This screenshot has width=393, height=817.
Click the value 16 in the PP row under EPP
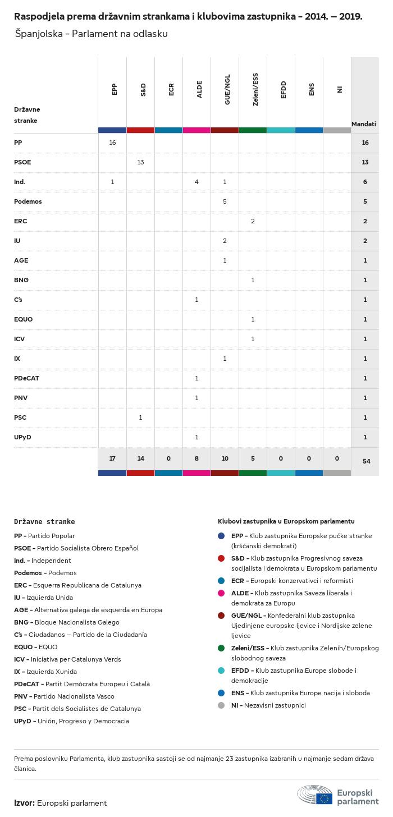(x=112, y=143)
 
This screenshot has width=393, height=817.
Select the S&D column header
(x=143, y=89)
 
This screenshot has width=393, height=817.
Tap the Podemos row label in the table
(x=28, y=201)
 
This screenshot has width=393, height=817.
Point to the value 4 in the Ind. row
(x=196, y=182)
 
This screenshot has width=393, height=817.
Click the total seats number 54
(x=366, y=461)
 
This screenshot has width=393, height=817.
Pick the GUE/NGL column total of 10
(x=225, y=459)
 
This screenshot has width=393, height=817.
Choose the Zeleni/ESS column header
(x=255, y=89)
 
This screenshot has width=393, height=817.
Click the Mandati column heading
(x=364, y=124)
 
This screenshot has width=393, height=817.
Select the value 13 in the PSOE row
(x=140, y=162)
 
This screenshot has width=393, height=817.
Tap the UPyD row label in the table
(x=22, y=437)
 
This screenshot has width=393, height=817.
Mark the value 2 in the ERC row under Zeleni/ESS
(x=253, y=221)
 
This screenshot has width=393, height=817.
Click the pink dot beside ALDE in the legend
(x=221, y=593)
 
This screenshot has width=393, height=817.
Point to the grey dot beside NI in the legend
(x=221, y=705)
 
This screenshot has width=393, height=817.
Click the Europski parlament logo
(x=339, y=796)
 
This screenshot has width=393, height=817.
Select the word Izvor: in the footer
(x=25, y=803)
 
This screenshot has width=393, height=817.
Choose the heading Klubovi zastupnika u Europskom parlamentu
(x=286, y=521)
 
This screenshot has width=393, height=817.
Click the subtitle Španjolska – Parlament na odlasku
(x=91, y=34)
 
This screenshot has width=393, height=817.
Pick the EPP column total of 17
(x=112, y=459)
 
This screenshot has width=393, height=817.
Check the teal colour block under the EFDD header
(x=281, y=130)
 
